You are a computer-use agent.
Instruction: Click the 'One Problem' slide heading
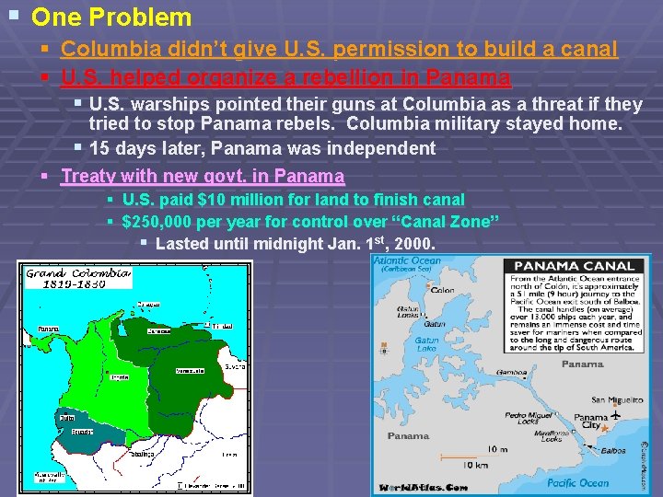(x=111, y=17)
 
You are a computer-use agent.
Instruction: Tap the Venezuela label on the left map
(x=191, y=371)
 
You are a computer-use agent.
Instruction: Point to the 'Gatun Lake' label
(x=426, y=344)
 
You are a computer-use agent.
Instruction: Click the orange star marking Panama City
(x=604, y=429)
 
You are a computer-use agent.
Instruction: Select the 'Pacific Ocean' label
(x=577, y=482)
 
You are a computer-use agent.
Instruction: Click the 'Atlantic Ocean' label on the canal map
(x=407, y=260)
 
